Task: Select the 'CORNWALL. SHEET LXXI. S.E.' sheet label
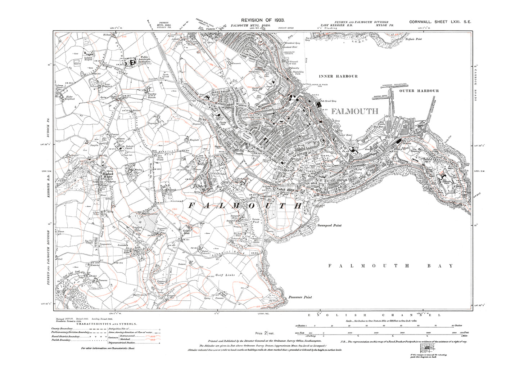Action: coord(440,22)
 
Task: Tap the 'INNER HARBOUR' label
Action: coord(338,76)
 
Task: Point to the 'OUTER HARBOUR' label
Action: coord(419,91)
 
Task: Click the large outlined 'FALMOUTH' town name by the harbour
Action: coord(354,111)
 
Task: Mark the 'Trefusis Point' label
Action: coord(413,39)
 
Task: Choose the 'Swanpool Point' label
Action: coord(329,225)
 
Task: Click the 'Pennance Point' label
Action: coord(300,297)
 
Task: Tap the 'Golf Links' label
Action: coord(225,275)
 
